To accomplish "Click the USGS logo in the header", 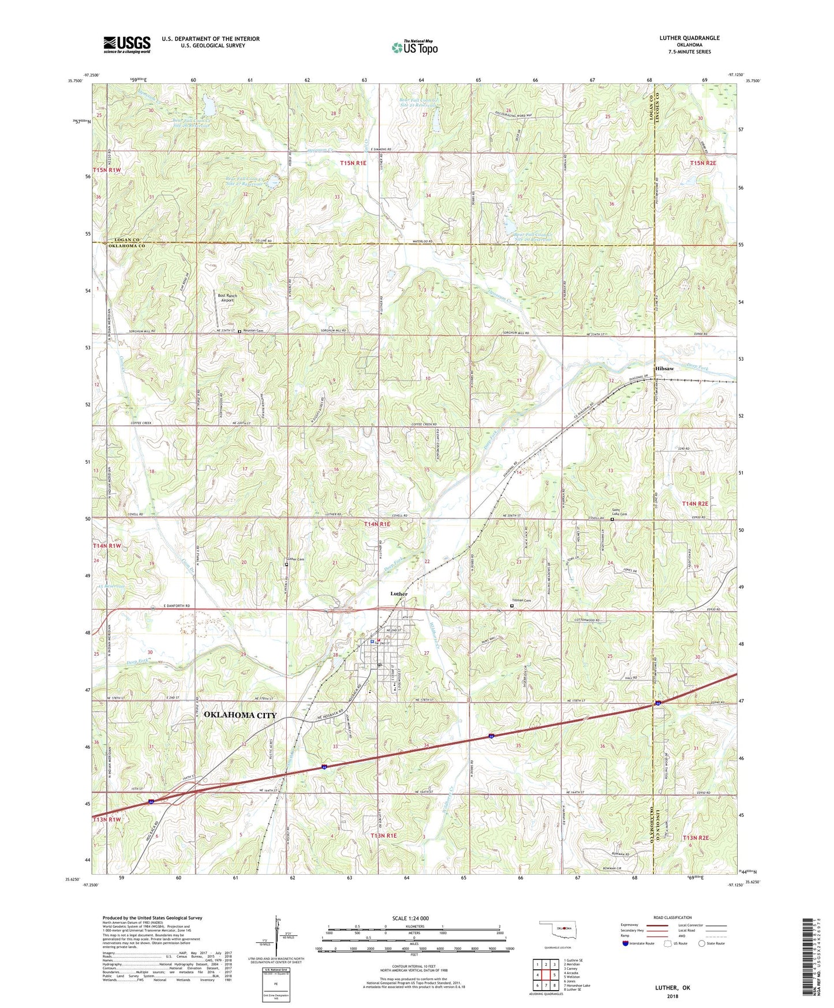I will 126,44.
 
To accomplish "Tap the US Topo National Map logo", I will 414,47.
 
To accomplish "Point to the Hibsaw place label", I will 664,368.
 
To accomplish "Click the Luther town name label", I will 399,593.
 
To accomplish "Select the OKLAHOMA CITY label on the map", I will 240,715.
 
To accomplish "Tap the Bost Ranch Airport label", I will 227,298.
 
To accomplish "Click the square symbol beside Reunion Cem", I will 240,331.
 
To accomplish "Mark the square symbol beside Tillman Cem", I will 512,606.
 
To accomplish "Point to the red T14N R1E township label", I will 377,524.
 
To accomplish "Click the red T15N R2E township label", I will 702,163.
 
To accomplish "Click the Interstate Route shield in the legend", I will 626,943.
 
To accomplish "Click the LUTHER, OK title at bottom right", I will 672,988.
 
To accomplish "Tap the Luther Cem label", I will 296,559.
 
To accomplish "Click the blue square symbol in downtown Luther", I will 372,640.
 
